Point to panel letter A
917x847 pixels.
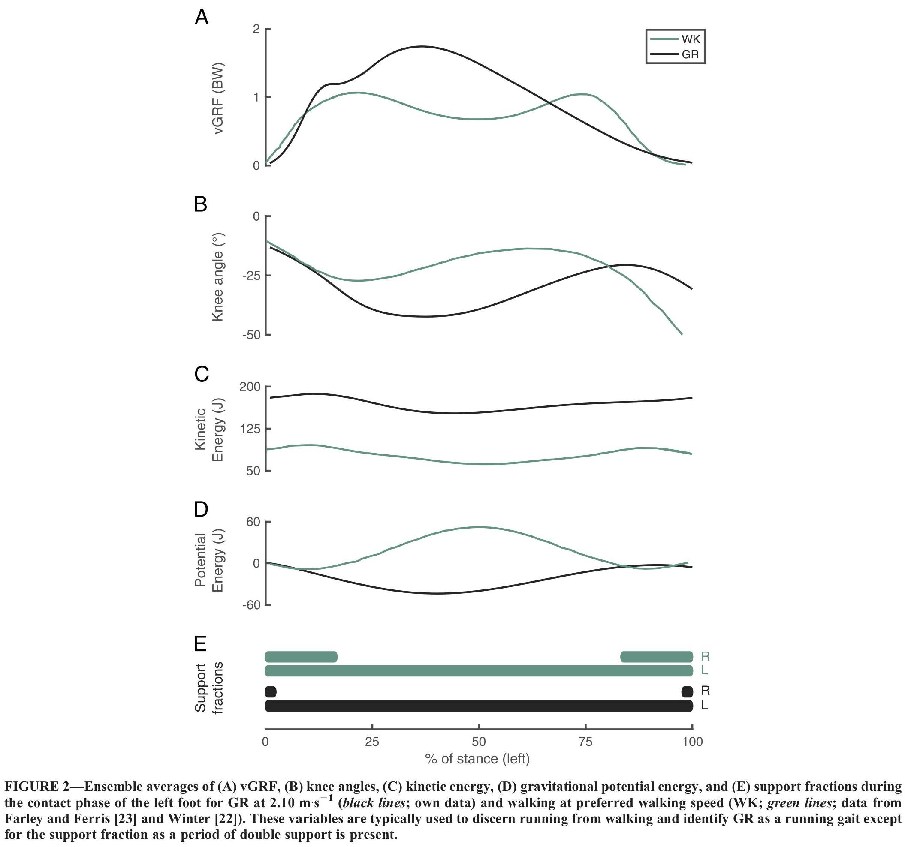pos(202,18)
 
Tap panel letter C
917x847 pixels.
pos(202,375)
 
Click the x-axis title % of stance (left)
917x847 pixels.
pos(478,759)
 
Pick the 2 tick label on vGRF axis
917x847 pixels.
pos(256,29)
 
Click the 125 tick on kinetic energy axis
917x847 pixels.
pos(250,429)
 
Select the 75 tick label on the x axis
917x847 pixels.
pos(585,742)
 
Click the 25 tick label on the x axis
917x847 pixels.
pos(372,742)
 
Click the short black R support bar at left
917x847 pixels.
pos(271,692)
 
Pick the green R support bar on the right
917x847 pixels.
pos(656,657)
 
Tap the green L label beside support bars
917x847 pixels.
pos(704,670)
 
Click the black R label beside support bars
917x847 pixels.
pos(705,691)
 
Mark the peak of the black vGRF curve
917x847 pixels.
pos(422,46)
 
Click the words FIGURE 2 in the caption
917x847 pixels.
pos(37,787)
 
